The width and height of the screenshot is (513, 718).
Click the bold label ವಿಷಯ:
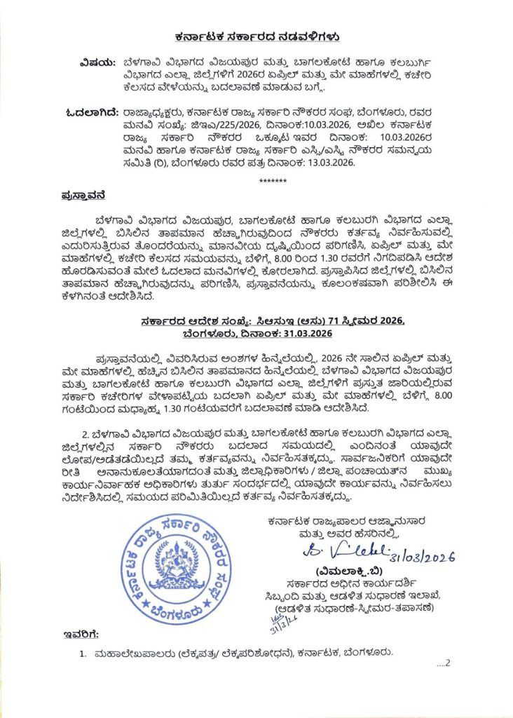100,61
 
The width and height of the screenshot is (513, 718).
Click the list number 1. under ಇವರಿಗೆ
83,653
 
